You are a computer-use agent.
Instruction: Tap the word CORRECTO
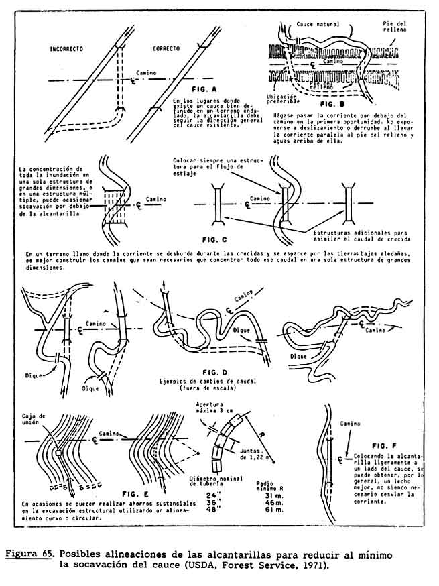pyautogui.click(x=166, y=50)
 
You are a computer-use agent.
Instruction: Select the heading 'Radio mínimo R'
pyautogui.click(x=268, y=485)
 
